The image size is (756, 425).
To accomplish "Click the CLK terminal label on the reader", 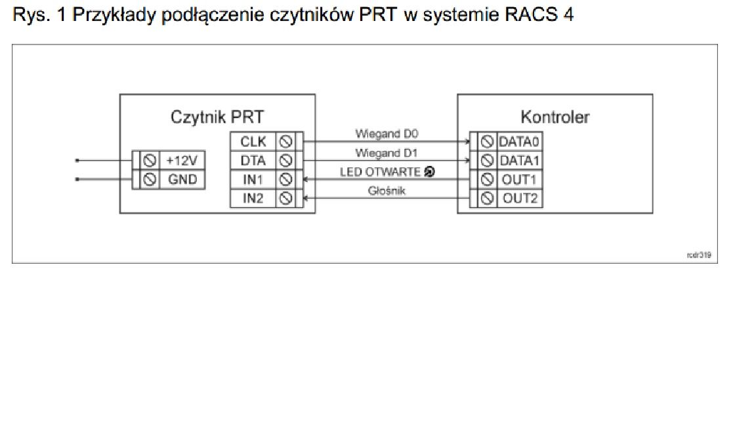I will pyautogui.click(x=253, y=141).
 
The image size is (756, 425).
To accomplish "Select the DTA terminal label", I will pyautogui.click(x=253, y=160).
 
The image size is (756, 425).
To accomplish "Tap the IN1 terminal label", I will pyautogui.click(x=253, y=179).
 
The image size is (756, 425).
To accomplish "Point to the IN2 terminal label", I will pyautogui.click(x=253, y=198).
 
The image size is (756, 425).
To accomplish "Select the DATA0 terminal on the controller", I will pyautogui.click(x=519, y=141).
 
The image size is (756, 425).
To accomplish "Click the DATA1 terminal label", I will pyautogui.click(x=519, y=160).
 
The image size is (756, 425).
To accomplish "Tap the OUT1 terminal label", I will pyautogui.click(x=519, y=179).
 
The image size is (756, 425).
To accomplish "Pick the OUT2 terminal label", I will pyautogui.click(x=519, y=198).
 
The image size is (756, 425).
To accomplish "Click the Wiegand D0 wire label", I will pyautogui.click(x=387, y=134).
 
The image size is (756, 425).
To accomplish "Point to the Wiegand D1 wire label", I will pyautogui.click(x=387, y=153).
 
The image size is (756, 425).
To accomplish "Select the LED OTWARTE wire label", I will pyautogui.click(x=381, y=172).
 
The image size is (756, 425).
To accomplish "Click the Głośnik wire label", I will pyautogui.click(x=387, y=192).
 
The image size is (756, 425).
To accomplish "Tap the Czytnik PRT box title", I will pyautogui.click(x=217, y=117).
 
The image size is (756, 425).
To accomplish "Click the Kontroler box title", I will pyautogui.click(x=555, y=117).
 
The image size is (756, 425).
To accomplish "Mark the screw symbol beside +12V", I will pyautogui.click(x=150, y=161).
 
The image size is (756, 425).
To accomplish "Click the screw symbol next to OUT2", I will pyautogui.click(x=487, y=198).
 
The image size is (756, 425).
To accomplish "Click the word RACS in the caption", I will pyautogui.click(x=529, y=15).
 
